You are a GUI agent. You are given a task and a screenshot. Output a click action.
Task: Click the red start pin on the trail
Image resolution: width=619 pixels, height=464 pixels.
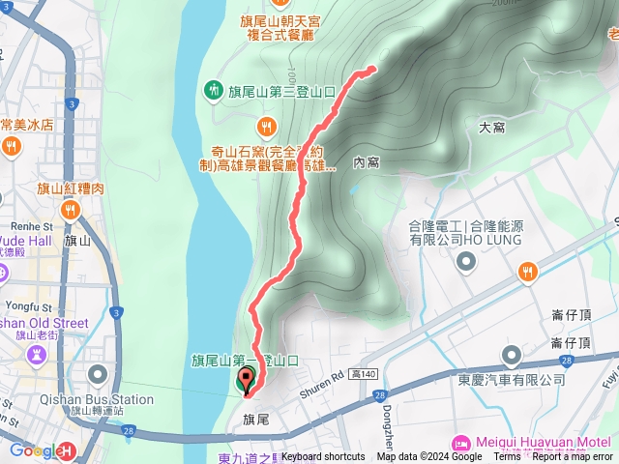(245, 380)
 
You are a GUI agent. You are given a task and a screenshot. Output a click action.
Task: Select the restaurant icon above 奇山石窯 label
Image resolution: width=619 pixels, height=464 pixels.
(265, 126)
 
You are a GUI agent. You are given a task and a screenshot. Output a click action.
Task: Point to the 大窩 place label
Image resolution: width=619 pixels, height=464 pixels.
(492, 127)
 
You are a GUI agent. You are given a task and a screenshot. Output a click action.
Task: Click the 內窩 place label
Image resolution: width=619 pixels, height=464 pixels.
(366, 162)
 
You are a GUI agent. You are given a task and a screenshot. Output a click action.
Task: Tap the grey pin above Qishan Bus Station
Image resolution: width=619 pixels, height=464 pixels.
(37, 354)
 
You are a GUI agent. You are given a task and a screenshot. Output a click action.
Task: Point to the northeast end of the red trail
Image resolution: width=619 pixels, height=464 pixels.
(373, 69)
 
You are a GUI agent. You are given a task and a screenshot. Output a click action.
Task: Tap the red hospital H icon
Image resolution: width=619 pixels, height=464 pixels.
(67, 450)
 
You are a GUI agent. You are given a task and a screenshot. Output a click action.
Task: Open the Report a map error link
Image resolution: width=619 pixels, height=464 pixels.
(573, 457)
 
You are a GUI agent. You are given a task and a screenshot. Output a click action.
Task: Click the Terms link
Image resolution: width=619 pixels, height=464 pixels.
(507, 457)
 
